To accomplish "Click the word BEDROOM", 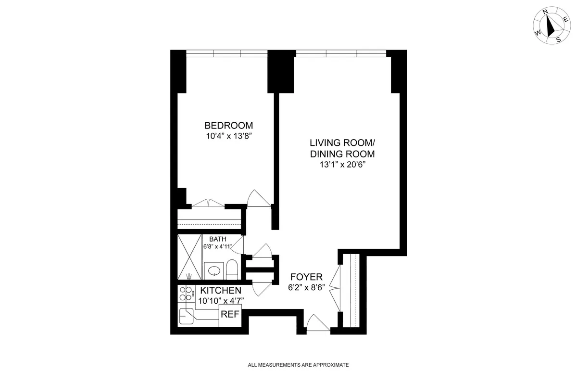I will [x=228, y=126].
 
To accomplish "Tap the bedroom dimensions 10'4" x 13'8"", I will [x=228, y=136].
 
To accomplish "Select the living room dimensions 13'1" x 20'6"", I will [x=342, y=165].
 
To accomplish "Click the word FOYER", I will [x=306, y=277].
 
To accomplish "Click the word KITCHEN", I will [x=221, y=290].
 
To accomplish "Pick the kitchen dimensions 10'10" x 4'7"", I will [x=221, y=300].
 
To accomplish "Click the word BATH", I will [x=217, y=239].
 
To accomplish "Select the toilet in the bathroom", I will [x=232, y=269].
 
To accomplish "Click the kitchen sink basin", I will [x=186, y=317].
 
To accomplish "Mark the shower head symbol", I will [x=190, y=276].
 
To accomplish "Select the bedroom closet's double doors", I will [x=208, y=203].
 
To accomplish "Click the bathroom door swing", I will [x=239, y=242].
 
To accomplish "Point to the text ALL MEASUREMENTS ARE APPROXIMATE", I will [x=298, y=365].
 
